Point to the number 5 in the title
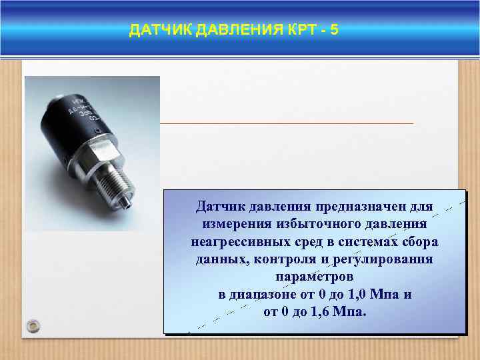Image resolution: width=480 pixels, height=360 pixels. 334,29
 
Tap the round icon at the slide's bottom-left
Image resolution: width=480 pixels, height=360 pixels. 33,325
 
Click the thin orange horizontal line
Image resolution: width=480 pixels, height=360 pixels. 287,123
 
